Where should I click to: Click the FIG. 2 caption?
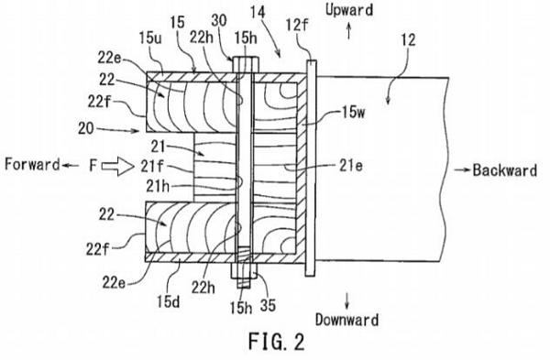point(277,342)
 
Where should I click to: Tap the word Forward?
point(32,164)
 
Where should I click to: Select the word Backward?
point(504,170)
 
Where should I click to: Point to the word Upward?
point(349,10)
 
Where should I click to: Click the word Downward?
point(346,320)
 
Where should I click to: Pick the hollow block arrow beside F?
point(118,166)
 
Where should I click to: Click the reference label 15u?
point(150,38)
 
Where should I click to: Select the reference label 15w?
point(353,113)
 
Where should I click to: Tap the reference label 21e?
point(351,166)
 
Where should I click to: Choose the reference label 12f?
point(297,26)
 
